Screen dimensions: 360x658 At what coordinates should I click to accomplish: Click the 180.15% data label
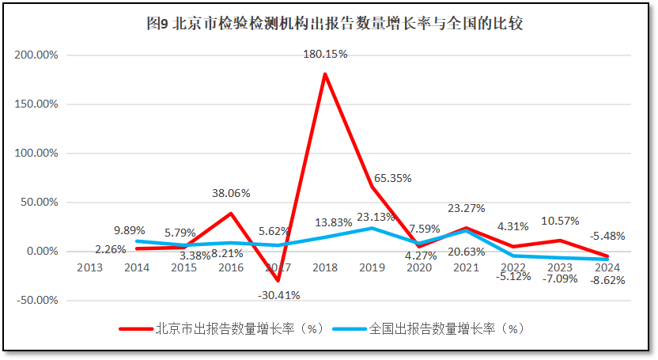click(x=325, y=55)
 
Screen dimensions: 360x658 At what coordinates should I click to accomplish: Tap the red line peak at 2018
click(x=325, y=74)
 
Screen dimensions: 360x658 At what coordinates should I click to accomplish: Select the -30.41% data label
click(x=278, y=295)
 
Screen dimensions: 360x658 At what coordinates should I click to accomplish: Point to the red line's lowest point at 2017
click(x=278, y=281)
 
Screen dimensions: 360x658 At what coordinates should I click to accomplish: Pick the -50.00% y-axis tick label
click(x=38, y=301)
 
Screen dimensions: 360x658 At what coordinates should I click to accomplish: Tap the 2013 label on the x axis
click(x=89, y=267)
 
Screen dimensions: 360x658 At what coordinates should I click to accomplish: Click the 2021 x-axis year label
click(x=467, y=267)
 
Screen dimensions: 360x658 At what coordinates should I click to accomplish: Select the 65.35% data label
click(x=391, y=178)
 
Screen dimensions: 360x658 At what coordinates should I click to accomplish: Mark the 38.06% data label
click(x=232, y=192)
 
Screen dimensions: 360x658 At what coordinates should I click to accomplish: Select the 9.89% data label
click(x=129, y=230)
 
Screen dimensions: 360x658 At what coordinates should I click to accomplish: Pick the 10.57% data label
click(x=560, y=221)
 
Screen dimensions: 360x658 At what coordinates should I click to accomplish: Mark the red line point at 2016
click(x=231, y=214)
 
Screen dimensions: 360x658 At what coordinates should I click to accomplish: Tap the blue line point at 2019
click(x=372, y=228)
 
